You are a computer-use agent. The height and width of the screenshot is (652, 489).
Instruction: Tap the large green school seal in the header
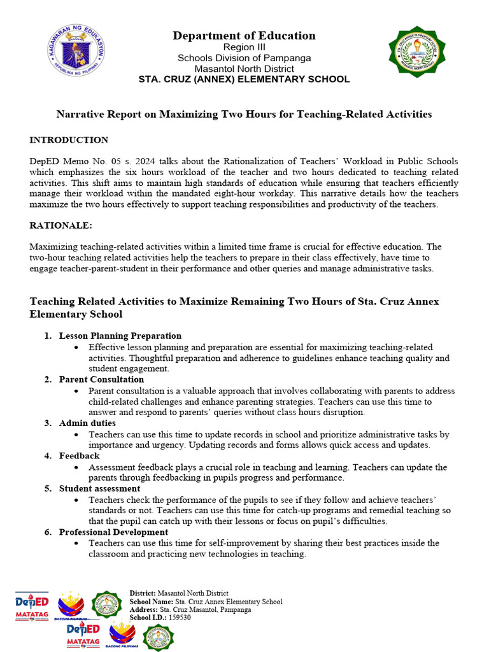pos(417,52)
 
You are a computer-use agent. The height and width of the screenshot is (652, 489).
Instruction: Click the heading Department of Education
pos(244,36)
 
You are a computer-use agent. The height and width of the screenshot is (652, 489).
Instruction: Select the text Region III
pos(244,48)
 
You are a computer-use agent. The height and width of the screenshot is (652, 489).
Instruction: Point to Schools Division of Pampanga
pos(244,58)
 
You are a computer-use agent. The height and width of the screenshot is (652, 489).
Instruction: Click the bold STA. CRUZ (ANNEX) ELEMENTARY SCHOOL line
pos(244,80)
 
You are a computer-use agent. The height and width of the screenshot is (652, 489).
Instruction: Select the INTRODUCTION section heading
pos(69,140)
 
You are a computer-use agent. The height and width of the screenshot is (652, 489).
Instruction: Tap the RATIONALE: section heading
pos(61,225)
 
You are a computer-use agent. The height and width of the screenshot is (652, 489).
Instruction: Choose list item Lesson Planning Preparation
pos(120,336)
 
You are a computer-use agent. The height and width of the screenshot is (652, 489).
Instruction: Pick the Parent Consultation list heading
pos(101,379)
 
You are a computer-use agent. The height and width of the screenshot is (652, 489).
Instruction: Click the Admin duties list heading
pos(87,423)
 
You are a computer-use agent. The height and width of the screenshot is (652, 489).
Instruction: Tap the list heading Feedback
pos(79,456)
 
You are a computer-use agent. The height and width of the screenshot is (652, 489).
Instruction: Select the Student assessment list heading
pos(99,488)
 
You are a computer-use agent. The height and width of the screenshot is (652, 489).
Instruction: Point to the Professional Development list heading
pos(113,532)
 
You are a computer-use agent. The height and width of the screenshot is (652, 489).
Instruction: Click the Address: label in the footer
pos(143,609)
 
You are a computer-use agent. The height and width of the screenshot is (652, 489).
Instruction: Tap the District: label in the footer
pos(143,593)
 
